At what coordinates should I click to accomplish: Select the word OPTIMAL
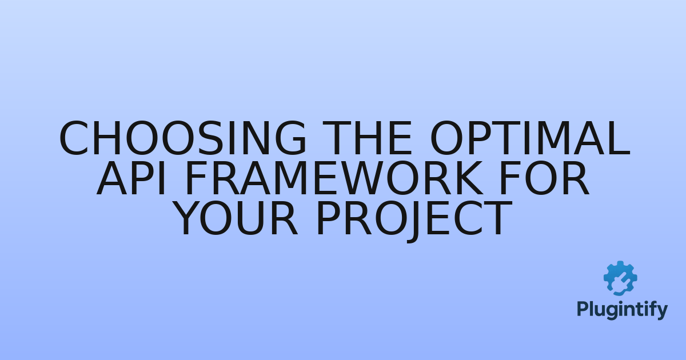(529, 139)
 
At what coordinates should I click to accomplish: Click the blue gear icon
(620, 278)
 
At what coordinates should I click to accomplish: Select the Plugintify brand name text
(621, 310)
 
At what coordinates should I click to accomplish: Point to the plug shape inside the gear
(620, 281)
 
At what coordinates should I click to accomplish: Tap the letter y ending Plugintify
(662, 312)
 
